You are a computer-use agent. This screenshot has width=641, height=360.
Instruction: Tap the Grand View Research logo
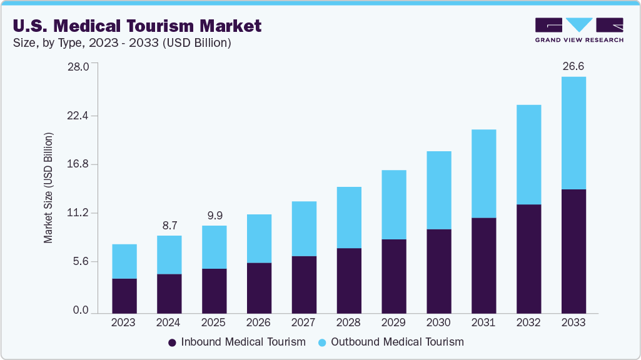(x=579, y=30)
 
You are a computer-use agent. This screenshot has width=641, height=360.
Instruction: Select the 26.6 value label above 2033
(x=573, y=66)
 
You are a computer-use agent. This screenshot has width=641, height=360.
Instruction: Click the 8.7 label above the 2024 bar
(x=169, y=224)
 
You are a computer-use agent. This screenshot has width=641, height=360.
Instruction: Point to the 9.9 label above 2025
(x=215, y=215)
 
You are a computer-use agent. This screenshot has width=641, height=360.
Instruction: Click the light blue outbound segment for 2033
(x=573, y=132)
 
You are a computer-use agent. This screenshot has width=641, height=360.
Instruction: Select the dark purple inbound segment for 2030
(x=438, y=271)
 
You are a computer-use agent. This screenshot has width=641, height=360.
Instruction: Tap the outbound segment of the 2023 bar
(x=124, y=261)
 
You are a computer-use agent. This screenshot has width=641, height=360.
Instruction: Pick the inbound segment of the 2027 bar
(x=304, y=284)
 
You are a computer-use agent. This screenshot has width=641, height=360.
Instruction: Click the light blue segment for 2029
(x=393, y=204)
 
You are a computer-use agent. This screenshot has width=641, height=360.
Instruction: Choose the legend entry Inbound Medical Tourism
(x=237, y=342)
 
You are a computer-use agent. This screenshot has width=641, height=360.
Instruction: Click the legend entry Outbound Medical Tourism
(x=391, y=342)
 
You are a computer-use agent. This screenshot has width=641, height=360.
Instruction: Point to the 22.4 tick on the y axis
(x=79, y=116)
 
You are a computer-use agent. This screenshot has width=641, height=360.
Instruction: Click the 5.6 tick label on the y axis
(x=81, y=261)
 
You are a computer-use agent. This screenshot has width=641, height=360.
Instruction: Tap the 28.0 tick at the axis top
(x=79, y=66)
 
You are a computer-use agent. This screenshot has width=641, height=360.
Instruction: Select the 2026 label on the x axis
(x=259, y=322)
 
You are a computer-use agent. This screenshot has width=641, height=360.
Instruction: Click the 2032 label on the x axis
(x=528, y=322)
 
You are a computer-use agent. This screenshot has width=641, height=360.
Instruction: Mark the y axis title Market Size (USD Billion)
(x=48, y=187)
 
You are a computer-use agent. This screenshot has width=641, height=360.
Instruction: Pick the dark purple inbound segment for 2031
(x=483, y=265)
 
